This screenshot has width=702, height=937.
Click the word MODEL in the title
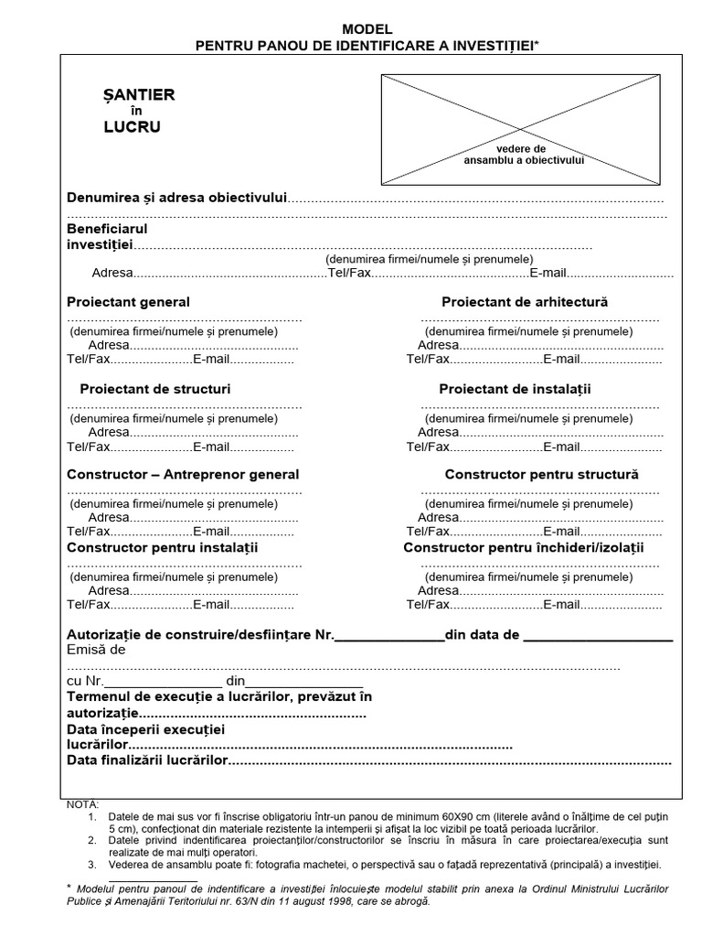pyautogui.click(x=367, y=29)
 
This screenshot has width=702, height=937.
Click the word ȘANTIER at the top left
pyautogui.click(x=138, y=94)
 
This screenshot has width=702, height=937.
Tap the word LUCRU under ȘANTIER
pyautogui.click(x=132, y=127)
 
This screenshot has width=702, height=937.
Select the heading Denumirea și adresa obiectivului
pyautogui.click(x=177, y=198)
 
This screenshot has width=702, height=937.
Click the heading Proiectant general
pyautogui.click(x=129, y=302)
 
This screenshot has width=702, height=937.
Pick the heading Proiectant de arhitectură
pyautogui.click(x=525, y=302)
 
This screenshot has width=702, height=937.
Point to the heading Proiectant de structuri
pyautogui.click(x=154, y=389)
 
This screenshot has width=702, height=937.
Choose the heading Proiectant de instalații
pyautogui.click(x=515, y=389)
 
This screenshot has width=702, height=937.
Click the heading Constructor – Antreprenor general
pyautogui.click(x=183, y=475)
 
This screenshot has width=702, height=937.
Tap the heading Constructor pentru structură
pyautogui.click(x=541, y=475)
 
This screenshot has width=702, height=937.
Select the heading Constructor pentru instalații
pyautogui.click(x=163, y=547)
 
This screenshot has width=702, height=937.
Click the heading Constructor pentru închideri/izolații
pyautogui.click(x=524, y=547)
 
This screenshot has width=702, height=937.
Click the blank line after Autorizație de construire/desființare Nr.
pyautogui.click(x=389, y=638)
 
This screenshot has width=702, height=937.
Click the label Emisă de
pyautogui.click(x=96, y=651)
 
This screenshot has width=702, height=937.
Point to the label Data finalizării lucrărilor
pyautogui.click(x=146, y=761)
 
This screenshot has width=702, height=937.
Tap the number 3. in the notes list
pyautogui.click(x=92, y=864)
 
